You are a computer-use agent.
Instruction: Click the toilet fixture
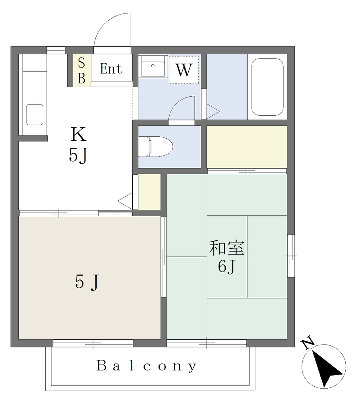coord(155,147)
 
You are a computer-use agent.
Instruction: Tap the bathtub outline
coord(267,87)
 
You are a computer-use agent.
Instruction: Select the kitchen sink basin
coord(35,114)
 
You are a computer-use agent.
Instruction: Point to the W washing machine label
coord(184,70)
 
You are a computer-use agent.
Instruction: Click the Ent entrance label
coord(111,69)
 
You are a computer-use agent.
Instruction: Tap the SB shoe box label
coord(81,70)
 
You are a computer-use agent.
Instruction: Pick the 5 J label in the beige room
coord(87,282)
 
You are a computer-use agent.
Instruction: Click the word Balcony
coord(147,366)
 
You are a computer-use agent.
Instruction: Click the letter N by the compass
coord(308,343)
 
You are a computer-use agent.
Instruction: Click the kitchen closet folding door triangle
coord(125,201)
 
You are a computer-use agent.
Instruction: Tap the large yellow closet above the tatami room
coord(247,147)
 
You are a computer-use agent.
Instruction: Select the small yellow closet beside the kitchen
coord(149,192)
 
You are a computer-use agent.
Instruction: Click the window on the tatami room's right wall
coord(291,256)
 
